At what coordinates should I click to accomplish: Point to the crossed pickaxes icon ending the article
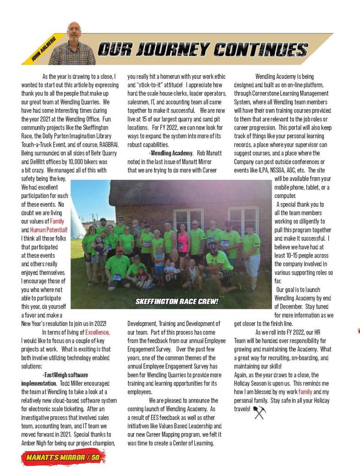click(x=259, y=412)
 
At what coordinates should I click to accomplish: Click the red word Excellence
click(x=97, y=332)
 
